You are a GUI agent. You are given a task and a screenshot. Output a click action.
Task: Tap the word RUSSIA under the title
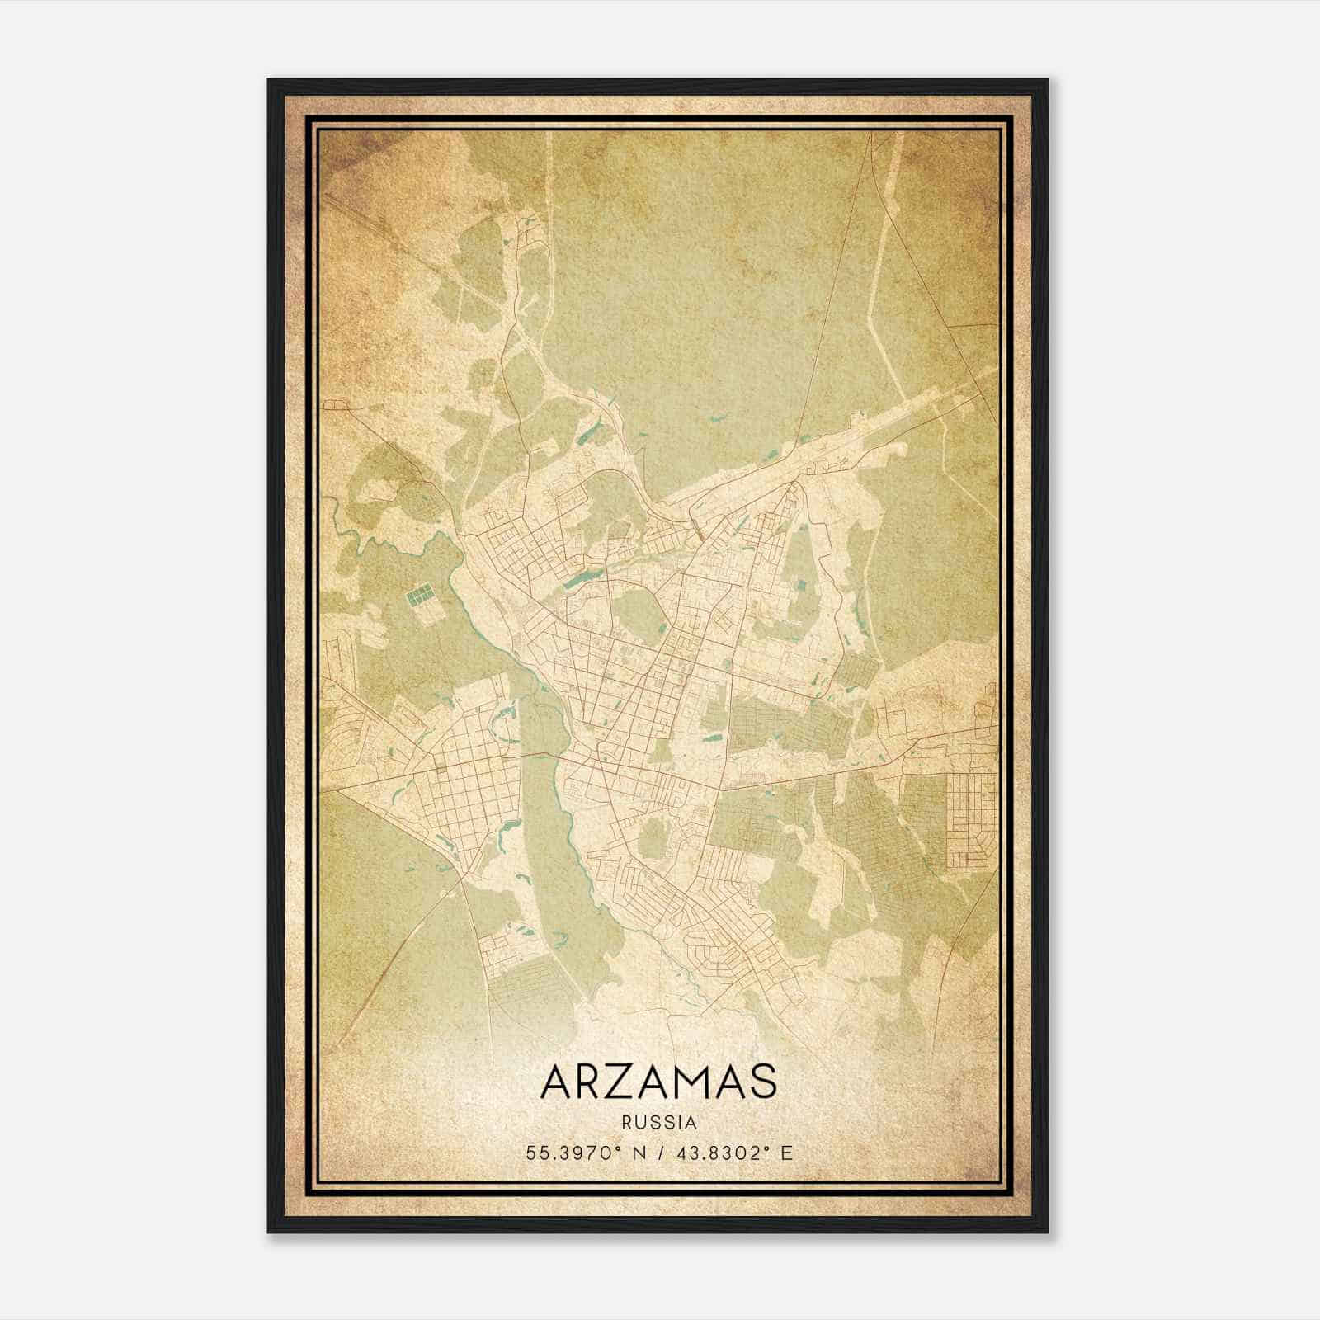[x=659, y=1123]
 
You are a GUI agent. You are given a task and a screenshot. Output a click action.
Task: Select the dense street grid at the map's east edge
[x=970, y=820]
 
